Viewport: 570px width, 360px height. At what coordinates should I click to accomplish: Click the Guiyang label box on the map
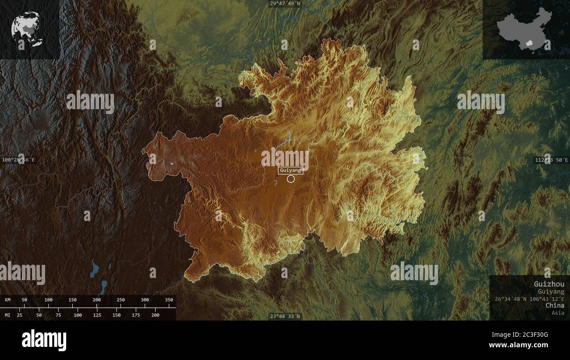290,170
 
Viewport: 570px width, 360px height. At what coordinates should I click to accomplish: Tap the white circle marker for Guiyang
291,178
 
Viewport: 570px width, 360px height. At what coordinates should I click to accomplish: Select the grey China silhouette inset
524,29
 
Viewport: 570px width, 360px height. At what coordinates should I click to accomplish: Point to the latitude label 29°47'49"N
285,4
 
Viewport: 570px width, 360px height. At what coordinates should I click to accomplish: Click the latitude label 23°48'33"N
285,316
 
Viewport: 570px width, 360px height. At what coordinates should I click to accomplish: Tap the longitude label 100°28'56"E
18,160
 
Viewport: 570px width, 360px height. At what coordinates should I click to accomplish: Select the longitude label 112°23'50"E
551,160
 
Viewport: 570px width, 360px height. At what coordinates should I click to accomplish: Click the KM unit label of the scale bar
7,300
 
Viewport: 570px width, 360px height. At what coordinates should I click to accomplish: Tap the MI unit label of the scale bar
7,315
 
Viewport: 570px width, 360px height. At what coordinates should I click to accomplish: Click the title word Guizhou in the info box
549,284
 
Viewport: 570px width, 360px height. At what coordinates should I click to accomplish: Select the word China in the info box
555,305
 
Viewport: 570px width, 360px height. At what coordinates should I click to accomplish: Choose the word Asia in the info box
558,313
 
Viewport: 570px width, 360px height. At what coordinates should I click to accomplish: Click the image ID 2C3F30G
533,335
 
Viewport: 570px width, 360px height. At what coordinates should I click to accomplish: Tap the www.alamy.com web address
518,346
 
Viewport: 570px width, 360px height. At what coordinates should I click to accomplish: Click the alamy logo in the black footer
44,340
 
